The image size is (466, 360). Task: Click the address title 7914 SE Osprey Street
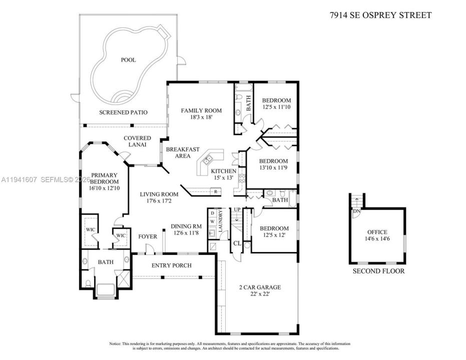tap(380, 15)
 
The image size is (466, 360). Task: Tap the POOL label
tap(128, 60)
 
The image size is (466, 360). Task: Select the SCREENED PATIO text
tap(123, 112)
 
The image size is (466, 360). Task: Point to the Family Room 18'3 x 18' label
tap(201, 114)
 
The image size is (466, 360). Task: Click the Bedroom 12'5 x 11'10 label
tap(276, 103)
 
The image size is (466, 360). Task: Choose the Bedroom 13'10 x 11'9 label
tap(273, 164)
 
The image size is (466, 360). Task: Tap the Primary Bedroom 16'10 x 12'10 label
tap(105, 181)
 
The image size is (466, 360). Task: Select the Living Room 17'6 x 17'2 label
tap(159, 198)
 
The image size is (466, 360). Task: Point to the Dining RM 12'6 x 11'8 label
tap(186, 229)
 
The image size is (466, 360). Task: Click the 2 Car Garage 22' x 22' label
tap(259, 290)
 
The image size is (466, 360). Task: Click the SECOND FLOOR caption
tap(378, 271)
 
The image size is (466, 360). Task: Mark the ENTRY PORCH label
tap(171, 265)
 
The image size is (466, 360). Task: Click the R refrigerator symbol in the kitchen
tap(215, 191)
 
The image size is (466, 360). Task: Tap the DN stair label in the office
tap(356, 211)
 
